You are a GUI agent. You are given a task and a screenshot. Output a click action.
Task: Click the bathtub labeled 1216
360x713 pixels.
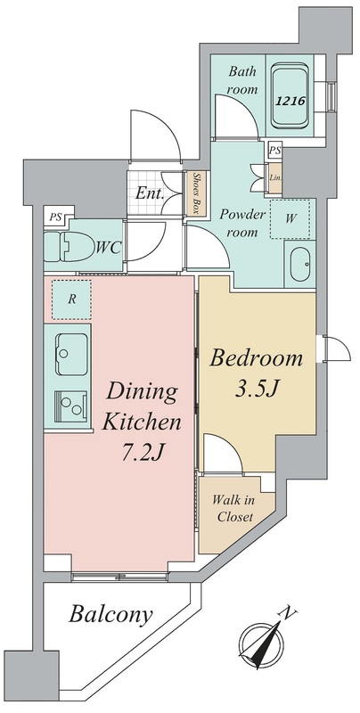point(290,96)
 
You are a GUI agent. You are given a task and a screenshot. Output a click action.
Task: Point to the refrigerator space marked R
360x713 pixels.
point(71,299)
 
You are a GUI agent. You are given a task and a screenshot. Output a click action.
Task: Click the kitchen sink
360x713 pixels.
point(71,354)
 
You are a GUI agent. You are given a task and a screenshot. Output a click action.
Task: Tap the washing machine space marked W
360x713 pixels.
point(290,219)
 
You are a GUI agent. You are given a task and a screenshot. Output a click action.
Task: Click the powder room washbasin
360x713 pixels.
point(300,265)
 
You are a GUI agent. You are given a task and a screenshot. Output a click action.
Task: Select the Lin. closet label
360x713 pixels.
point(275,177)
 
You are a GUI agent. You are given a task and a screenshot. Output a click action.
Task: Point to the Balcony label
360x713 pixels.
point(110,616)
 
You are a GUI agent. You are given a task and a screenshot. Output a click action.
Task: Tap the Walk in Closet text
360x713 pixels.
point(234,509)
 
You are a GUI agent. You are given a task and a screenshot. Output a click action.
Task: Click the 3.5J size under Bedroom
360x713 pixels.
point(256,389)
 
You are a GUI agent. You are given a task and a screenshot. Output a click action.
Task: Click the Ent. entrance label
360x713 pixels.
point(150,194)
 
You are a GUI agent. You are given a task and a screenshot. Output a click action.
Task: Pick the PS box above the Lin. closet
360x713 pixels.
point(274,150)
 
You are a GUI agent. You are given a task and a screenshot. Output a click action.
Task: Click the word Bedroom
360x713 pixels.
point(256,359)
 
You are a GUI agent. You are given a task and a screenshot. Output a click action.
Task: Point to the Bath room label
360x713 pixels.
point(242,80)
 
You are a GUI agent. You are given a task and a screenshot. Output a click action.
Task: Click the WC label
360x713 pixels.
point(109,248)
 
